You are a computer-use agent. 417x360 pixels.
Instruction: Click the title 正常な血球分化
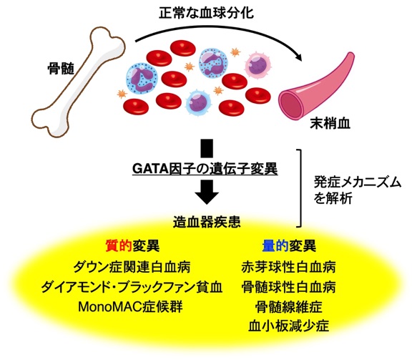click(x=206, y=13)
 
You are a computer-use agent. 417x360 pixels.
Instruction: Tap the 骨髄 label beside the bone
click(x=61, y=69)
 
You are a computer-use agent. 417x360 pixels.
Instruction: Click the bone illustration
click(x=78, y=82)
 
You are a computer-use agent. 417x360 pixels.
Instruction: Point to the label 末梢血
click(x=330, y=124)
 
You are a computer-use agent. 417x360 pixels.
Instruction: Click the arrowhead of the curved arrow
click(x=299, y=57)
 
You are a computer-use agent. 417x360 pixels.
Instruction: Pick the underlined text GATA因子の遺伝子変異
click(x=205, y=168)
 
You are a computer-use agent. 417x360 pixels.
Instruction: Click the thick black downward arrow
click(x=207, y=192)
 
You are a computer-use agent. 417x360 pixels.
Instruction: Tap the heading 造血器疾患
click(x=207, y=222)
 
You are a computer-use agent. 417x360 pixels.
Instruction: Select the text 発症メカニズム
click(x=358, y=183)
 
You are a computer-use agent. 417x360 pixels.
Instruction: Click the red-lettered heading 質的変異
click(x=132, y=245)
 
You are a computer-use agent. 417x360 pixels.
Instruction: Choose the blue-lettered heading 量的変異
click(x=289, y=245)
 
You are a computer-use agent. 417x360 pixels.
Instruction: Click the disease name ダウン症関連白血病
click(x=132, y=267)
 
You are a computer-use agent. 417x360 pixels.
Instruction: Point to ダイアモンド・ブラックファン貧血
click(x=132, y=287)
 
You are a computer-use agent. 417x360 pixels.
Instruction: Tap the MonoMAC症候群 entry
click(x=130, y=307)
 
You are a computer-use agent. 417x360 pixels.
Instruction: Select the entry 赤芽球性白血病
click(x=288, y=267)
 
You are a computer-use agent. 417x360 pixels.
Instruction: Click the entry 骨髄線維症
click(x=288, y=307)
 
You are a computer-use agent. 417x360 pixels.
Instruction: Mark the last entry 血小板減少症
click(x=288, y=326)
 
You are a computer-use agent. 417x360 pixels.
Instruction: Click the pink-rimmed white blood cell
click(x=257, y=65)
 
